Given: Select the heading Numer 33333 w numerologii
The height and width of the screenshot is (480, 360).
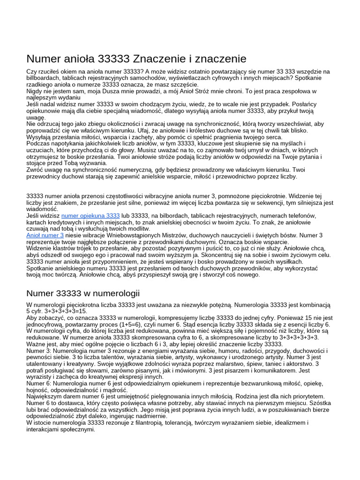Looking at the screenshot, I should [83, 293].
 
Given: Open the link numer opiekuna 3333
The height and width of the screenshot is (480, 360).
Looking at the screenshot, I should [90, 215].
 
